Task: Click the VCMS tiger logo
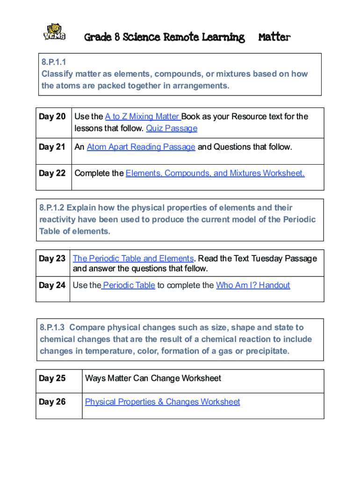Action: coord(54,32)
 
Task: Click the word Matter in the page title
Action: coord(274,37)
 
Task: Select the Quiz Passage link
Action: coord(172,128)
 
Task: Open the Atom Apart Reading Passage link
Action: coord(141,147)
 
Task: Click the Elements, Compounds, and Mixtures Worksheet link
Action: coord(215,173)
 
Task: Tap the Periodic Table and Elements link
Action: coord(133,258)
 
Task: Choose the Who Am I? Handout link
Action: coord(253,285)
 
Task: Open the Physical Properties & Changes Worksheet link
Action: coord(162,402)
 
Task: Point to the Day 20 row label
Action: coord(52,116)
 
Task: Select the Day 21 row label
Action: coord(52,147)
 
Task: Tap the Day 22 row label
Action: coord(52,173)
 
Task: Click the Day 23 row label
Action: coord(52,258)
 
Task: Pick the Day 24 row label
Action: coord(52,285)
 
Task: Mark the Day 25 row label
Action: coord(52,378)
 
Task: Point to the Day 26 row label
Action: coord(52,402)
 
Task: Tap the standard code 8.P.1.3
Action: coord(53,327)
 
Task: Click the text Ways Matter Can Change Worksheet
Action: coord(153,378)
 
